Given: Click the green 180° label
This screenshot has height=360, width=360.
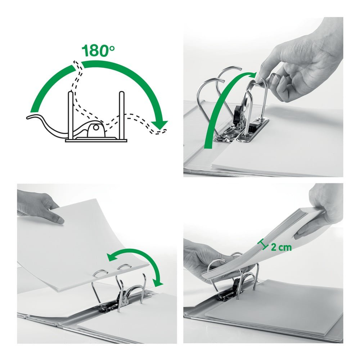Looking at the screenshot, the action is tap(98, 51).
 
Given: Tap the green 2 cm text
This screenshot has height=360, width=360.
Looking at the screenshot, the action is tap(281, 247).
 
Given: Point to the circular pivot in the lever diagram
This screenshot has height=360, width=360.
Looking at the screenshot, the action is tap(96, 128).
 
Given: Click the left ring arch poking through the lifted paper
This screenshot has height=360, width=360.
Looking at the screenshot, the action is tap(100, 274).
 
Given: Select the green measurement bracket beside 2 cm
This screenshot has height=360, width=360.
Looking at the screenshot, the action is tap(264, 244).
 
